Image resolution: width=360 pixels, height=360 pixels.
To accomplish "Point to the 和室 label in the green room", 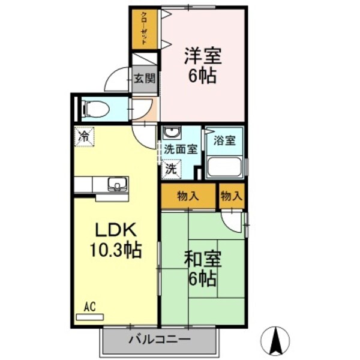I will (x=202, y=260).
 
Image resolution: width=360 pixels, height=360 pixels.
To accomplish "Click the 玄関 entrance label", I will (x=145, y=77).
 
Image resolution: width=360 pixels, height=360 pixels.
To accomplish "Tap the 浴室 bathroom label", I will (x=225, y=140).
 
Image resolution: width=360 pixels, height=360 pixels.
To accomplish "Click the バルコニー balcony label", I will (x=160, y=340).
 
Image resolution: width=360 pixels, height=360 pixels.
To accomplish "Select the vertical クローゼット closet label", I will (x=145, y=29).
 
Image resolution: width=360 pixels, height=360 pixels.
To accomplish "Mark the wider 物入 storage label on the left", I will (x=188, y=196).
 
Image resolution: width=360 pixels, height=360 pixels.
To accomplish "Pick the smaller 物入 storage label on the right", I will (x=231, y=196).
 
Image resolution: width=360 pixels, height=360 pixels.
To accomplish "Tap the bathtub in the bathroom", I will (x=224, y=167).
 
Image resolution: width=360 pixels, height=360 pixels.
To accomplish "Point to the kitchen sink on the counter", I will (x=116, y=184).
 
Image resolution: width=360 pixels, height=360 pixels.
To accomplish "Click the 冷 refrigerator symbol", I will (x=83, y=137).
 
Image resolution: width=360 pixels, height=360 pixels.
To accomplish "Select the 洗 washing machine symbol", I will (x=171, y=169).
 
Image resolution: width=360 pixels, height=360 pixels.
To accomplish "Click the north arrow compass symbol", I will (x=277, y=339).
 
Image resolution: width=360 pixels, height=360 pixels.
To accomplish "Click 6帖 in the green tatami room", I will (x=202, y=278).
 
